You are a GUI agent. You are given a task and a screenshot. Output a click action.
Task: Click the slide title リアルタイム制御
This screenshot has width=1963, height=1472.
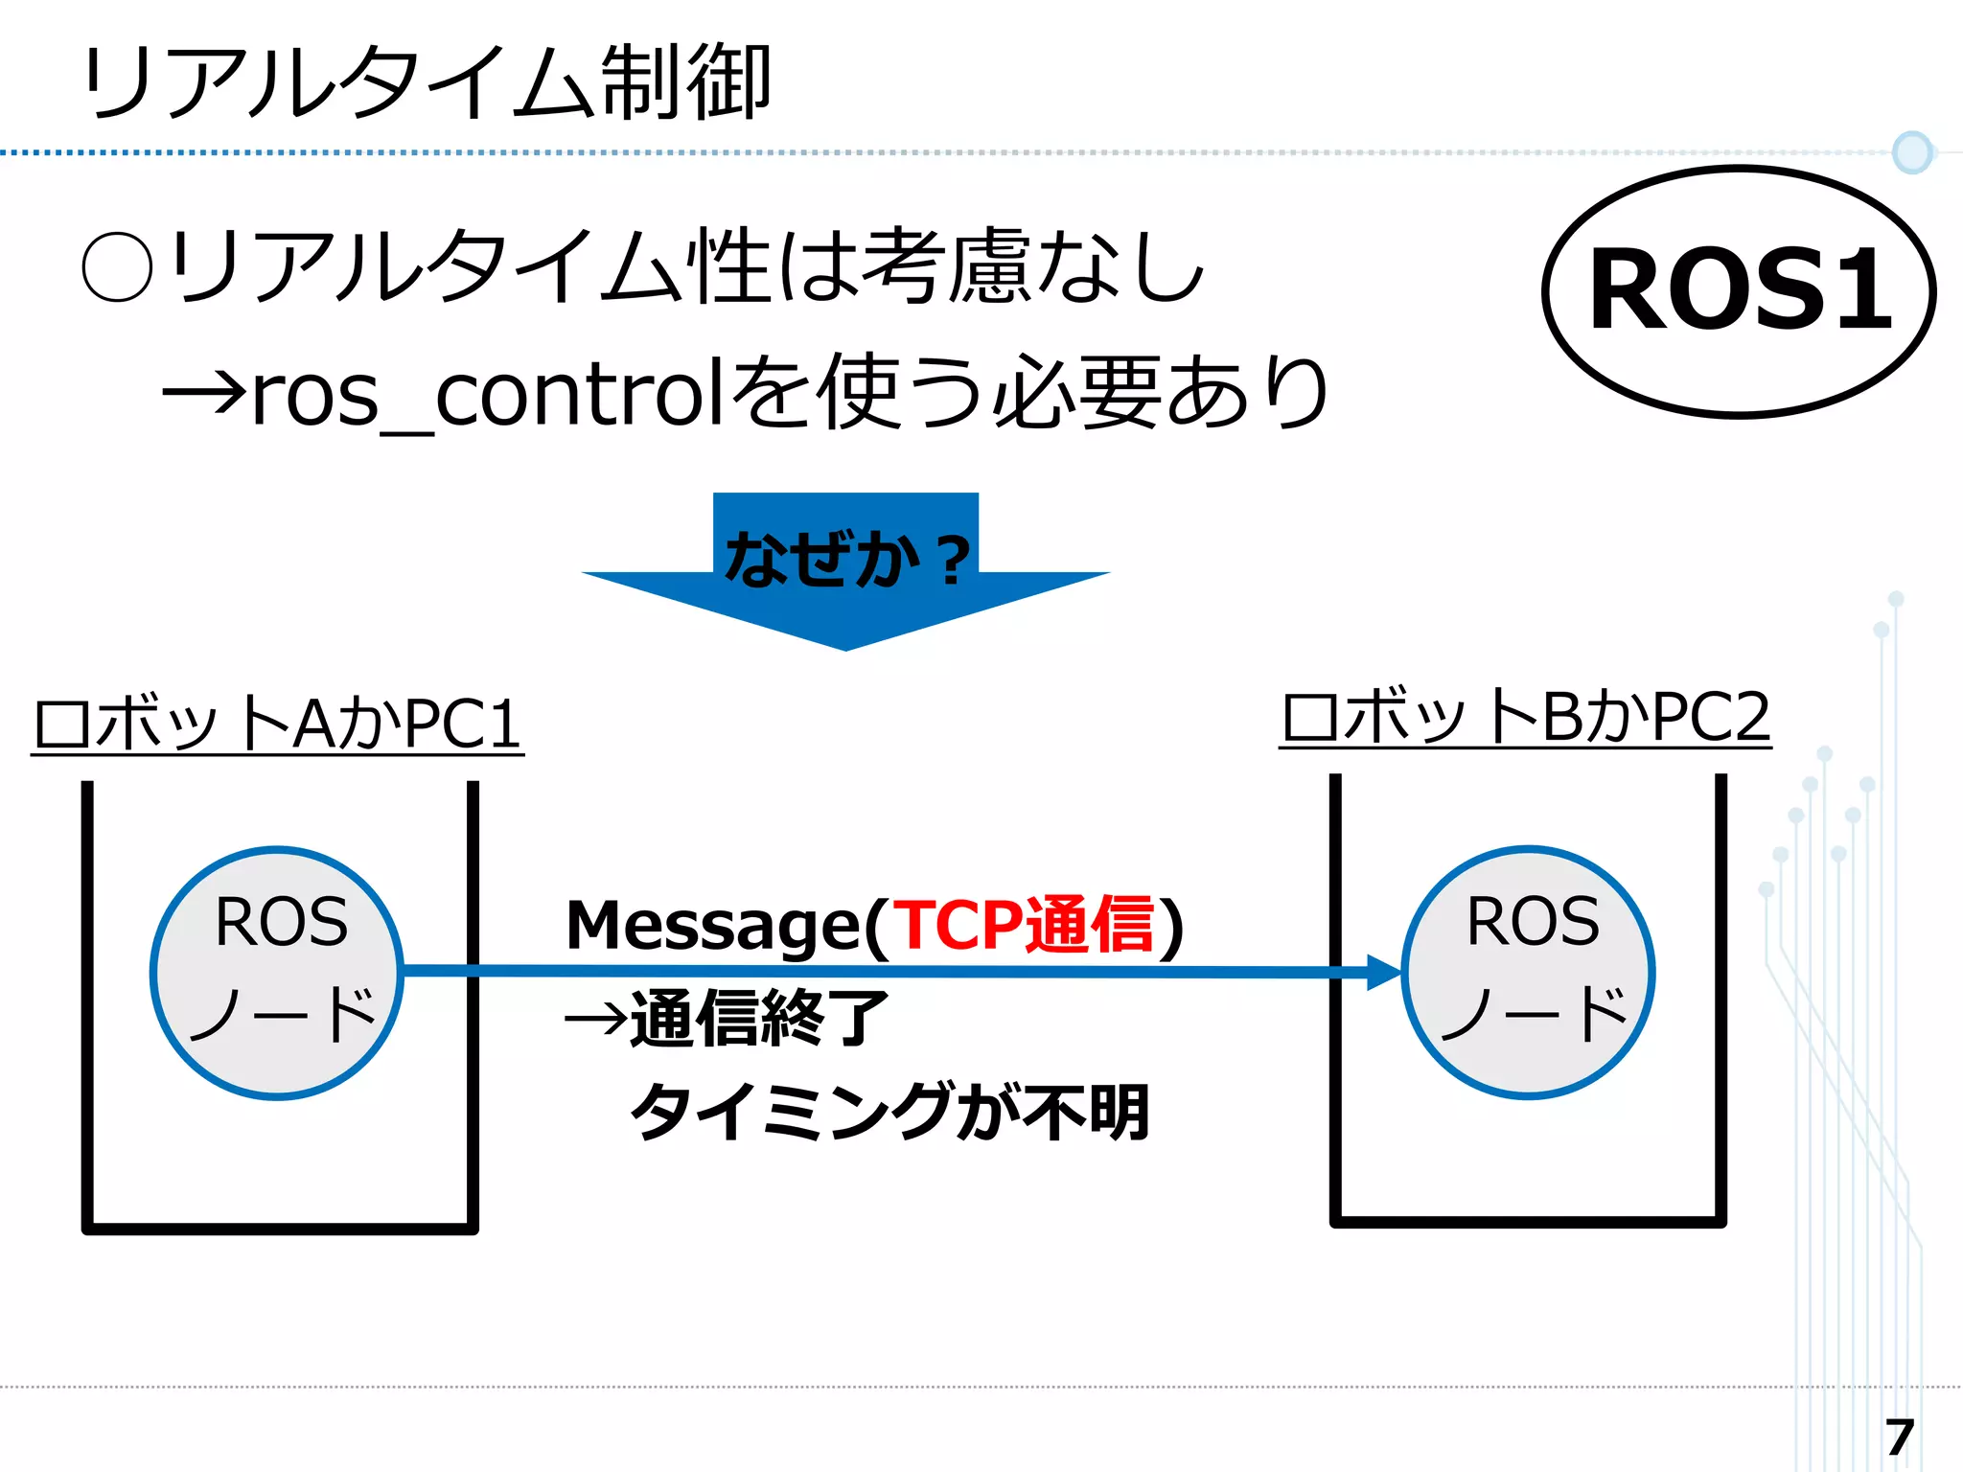click(x=427, y=83)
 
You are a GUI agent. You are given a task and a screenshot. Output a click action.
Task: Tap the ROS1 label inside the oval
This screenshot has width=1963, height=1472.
click(x=1740, y=290)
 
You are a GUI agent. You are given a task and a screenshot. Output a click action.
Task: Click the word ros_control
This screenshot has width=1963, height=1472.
click(x=487, y=395)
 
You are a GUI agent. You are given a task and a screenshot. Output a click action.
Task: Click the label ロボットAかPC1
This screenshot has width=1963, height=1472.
click(x=277, y=724)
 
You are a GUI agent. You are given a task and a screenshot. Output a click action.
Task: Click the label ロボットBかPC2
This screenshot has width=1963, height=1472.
click(x=1525, y=718)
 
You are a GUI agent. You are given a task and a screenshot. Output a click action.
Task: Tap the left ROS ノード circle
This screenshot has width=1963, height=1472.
click(x=278, y=972)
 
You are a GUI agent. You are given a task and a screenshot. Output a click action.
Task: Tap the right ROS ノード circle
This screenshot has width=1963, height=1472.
click(x=1528, y=972)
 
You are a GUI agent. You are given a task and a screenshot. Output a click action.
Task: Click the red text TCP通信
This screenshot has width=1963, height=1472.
click(x=1023, y=925)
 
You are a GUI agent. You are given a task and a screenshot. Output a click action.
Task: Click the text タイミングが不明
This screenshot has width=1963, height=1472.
click(x=889, y=1112)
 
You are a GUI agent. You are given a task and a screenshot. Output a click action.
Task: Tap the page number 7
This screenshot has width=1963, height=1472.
click(x=1898, y=1437)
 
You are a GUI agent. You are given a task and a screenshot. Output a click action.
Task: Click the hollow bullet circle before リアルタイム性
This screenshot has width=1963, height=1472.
click(x=117, y=268)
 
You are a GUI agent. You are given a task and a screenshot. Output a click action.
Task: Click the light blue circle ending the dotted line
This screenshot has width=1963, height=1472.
click(x=1911, y=152)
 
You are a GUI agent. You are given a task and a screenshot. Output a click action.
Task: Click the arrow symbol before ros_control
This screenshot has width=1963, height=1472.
click(x=204, y=394)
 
